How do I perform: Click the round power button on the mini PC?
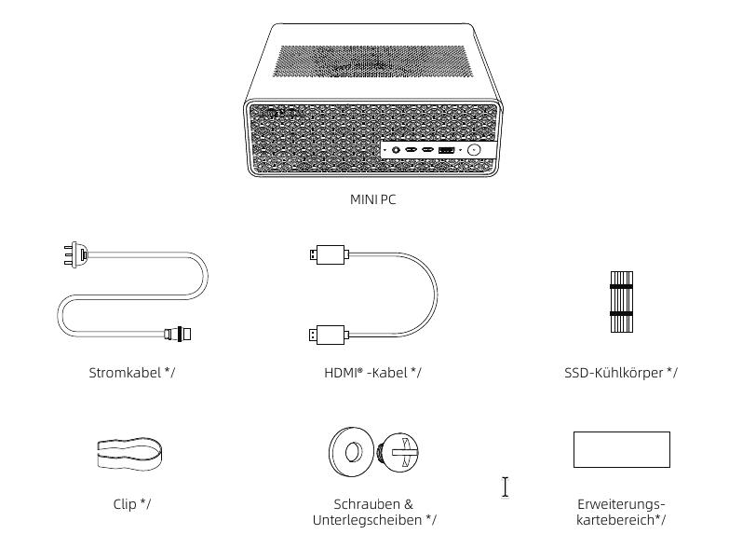point(474,149)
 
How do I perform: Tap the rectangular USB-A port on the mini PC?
point(446,149)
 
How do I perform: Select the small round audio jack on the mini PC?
point(398,149)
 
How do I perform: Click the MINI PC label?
point(372,199)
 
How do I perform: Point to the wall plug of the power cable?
point(76,254)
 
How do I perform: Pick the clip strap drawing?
point(131,454)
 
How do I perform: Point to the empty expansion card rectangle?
point(621,449)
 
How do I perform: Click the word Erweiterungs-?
point(621,504)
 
